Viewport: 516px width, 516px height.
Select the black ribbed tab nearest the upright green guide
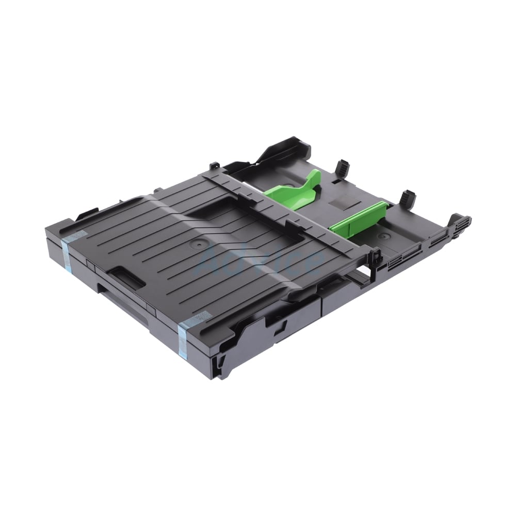click(x=342, y=168)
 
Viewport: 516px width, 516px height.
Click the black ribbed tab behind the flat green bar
click(x=408, y=197)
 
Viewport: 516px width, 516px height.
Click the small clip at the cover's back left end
click(x=212, y=166)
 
